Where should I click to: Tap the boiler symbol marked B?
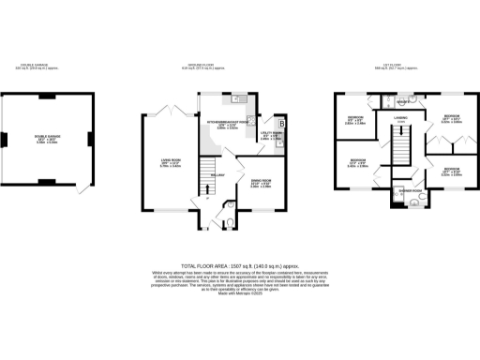[280, 123]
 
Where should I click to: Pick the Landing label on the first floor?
[400, 119]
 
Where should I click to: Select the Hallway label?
[217, 174]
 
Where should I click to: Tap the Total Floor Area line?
[240, 265]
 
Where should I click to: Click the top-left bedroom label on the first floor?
[353, 120]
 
